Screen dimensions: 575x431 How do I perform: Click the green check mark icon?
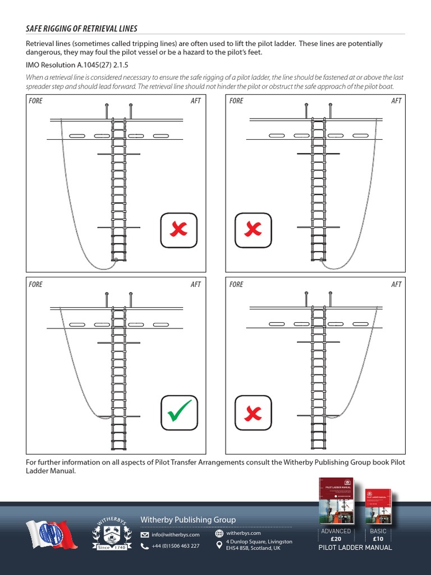coord(180,414)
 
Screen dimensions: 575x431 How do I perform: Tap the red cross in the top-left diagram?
coord(179,230)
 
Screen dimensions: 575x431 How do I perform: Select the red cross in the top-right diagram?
coord(253,230)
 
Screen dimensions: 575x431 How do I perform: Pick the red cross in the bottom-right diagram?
coord(253,414)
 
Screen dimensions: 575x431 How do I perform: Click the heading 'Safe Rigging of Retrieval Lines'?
coord(82,29)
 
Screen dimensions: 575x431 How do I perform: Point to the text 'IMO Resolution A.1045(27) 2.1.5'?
coord(77,65)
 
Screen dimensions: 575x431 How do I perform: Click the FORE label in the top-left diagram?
coord(35,101)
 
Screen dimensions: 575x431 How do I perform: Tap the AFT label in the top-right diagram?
coord(396,101)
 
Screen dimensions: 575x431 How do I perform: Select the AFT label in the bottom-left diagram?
coord(195,285)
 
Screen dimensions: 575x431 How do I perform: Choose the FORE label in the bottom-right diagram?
coord(236,285)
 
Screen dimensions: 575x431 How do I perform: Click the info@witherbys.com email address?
coord(175,535)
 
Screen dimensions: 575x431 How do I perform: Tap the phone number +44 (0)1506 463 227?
coord(175,546)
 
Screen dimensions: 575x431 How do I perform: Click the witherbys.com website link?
coord(244,533)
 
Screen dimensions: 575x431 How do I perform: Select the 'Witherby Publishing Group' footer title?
coord(188,520)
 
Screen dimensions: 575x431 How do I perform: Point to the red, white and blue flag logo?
coord(51,534)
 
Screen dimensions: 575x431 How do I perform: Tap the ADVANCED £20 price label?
coord(336,535)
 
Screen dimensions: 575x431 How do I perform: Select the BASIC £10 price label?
coord(378,535)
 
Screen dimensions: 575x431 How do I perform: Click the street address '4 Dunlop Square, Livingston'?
coord(259,541)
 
